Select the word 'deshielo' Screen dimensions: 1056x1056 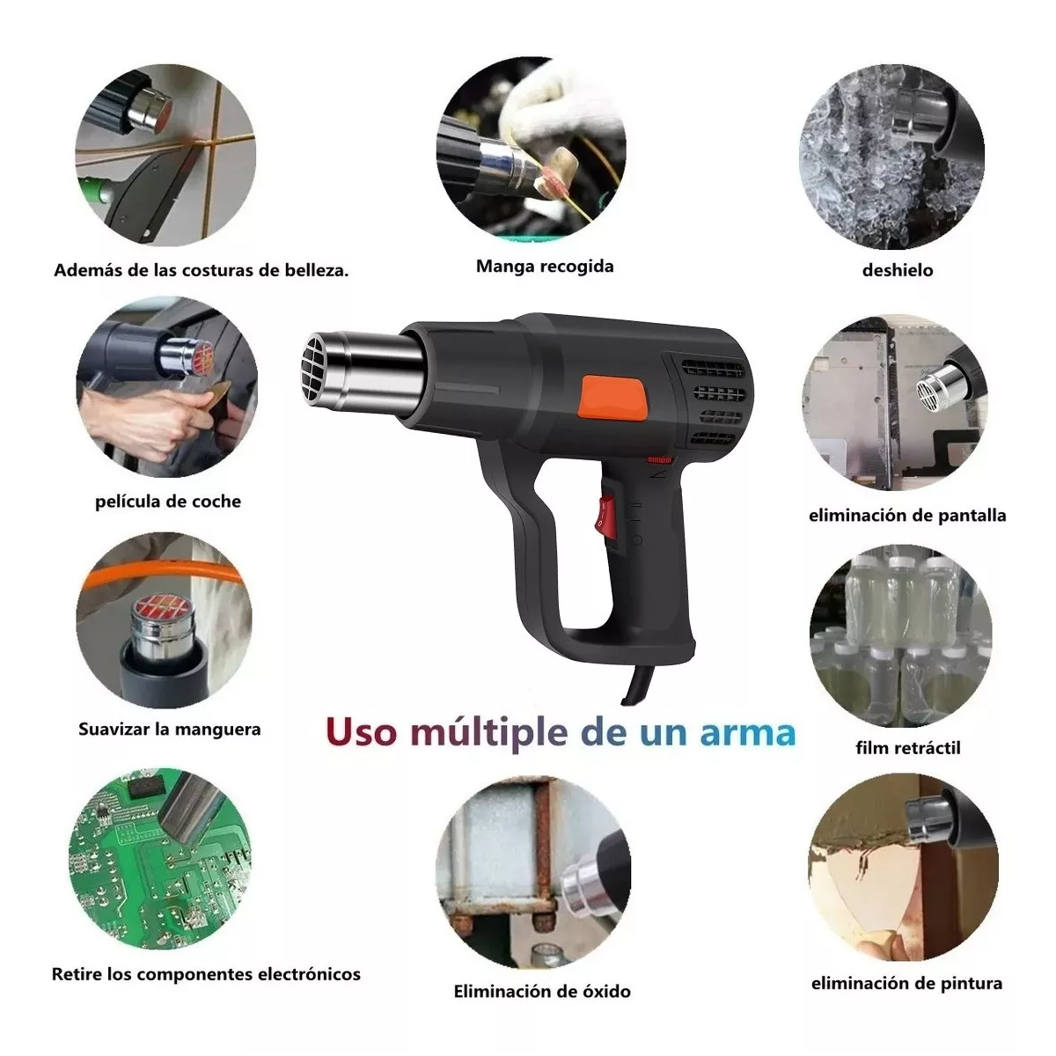(897, 270)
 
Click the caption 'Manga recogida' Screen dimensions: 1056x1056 (545, 266)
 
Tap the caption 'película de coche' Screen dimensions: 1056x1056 (167, 502)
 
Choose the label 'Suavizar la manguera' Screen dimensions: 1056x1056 (169, 730)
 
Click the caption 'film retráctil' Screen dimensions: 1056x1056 (907, 748)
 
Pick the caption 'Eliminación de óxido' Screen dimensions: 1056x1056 (542, 992)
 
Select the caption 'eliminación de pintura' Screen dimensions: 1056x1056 (906, 983)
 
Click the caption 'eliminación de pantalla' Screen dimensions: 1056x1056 (906, 516)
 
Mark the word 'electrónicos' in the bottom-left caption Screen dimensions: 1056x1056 (309, 974)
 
